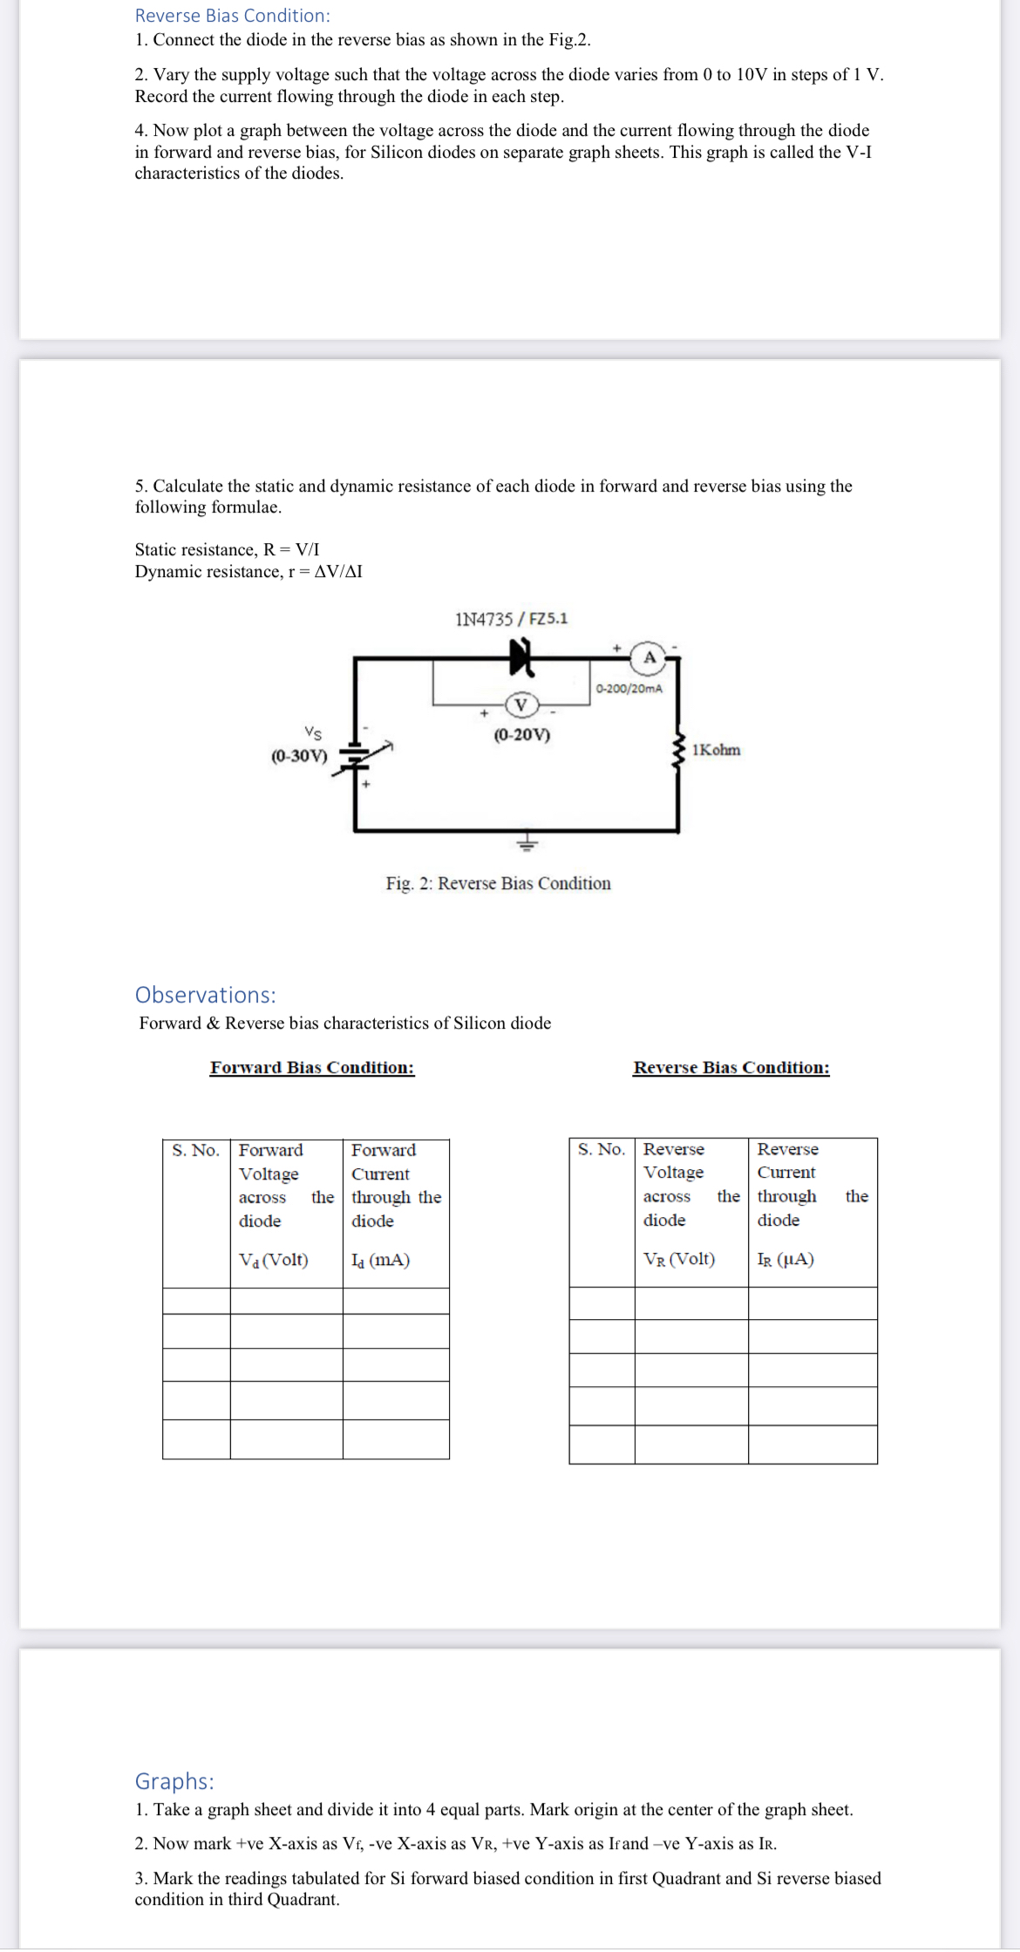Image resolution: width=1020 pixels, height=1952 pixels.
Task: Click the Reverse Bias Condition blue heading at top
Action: tap(232, 16)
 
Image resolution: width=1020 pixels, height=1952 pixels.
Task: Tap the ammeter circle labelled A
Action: tap(649, 657)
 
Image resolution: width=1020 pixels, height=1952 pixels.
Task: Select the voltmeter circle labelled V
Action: tap(521, 704)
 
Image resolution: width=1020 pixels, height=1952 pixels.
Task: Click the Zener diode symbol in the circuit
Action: tap(521, 656)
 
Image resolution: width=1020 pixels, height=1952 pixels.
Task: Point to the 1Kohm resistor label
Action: tap(716, 751)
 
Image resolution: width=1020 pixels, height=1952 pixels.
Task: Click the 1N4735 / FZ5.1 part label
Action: tap(511, 619)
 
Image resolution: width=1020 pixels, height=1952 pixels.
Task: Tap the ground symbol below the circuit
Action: tap(527, 843)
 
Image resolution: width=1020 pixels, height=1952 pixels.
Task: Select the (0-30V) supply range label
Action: tap(299, 756)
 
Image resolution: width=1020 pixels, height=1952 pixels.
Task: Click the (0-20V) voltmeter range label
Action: tap(521, 735)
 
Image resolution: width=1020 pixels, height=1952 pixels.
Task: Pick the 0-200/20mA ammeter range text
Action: tap(629, 689)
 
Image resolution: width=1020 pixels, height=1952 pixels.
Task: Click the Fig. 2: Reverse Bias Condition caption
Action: tap(498, 884)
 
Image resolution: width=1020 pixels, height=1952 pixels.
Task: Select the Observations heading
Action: tap(205, 995)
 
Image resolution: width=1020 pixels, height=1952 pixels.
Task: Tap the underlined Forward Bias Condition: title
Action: tap(312, 1068)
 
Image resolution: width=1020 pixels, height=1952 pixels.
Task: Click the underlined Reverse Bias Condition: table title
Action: tap(731, 1068)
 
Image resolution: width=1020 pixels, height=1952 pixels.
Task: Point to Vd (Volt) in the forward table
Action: tap(273, 1260)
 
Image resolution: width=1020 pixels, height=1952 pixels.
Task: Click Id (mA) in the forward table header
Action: tap(380, 1260)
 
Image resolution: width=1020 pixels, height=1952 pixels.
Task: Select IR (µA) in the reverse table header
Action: tap(785, 1259)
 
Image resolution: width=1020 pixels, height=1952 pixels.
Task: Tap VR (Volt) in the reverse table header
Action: tap(678, 1259)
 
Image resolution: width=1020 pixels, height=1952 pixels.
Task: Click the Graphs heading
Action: tap(174, 1781)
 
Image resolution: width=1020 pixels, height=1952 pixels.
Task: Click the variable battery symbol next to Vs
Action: tap(356, 756)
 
